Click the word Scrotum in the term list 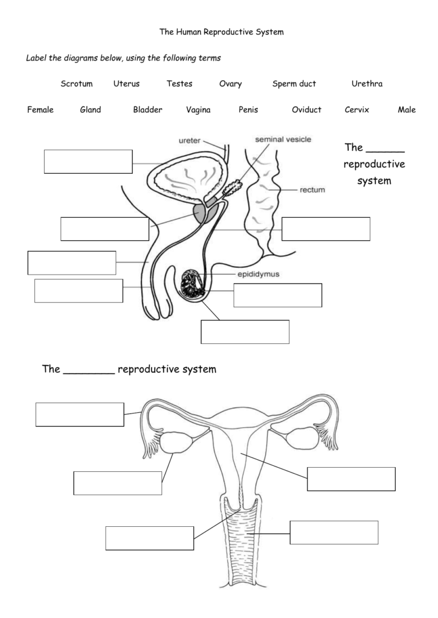point(76,84)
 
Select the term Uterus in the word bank point(126,84)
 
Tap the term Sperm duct point(294,84)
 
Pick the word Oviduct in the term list point(306,110)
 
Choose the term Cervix point(356,110)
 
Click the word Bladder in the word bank point(147,110)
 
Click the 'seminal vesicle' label point(283,139)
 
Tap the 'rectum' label point(312,190)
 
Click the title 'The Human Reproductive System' point(221,31)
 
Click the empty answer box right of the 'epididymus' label point(277,295)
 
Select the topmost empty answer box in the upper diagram point(88,162)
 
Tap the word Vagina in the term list point(198,110)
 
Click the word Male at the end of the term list point(407,110)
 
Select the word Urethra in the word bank point(367,84)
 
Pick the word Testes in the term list point(179,84)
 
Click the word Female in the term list point(40,110)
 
